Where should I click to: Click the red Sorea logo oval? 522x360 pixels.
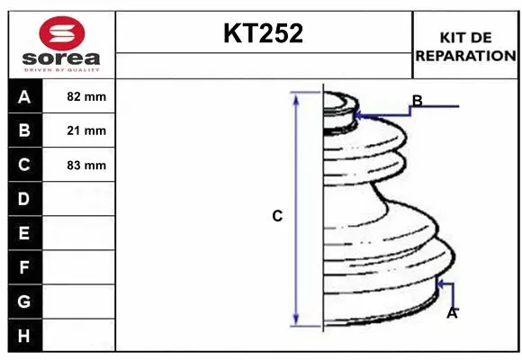tap(62, 33)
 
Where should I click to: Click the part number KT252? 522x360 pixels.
tap(264, 33)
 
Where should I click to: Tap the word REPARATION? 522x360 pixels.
tap(465, 56)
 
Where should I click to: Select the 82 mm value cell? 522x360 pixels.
tap(79, 96)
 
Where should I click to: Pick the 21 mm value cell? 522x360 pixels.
tap(79, 130)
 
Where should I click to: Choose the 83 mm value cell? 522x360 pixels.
tap(79, 166)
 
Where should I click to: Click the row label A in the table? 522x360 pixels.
tap(24, 97)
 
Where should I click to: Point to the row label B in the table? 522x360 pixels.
tap(24, 130)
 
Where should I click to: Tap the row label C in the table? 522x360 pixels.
tap(24, 165)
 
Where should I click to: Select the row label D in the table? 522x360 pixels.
tap(24, 199)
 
